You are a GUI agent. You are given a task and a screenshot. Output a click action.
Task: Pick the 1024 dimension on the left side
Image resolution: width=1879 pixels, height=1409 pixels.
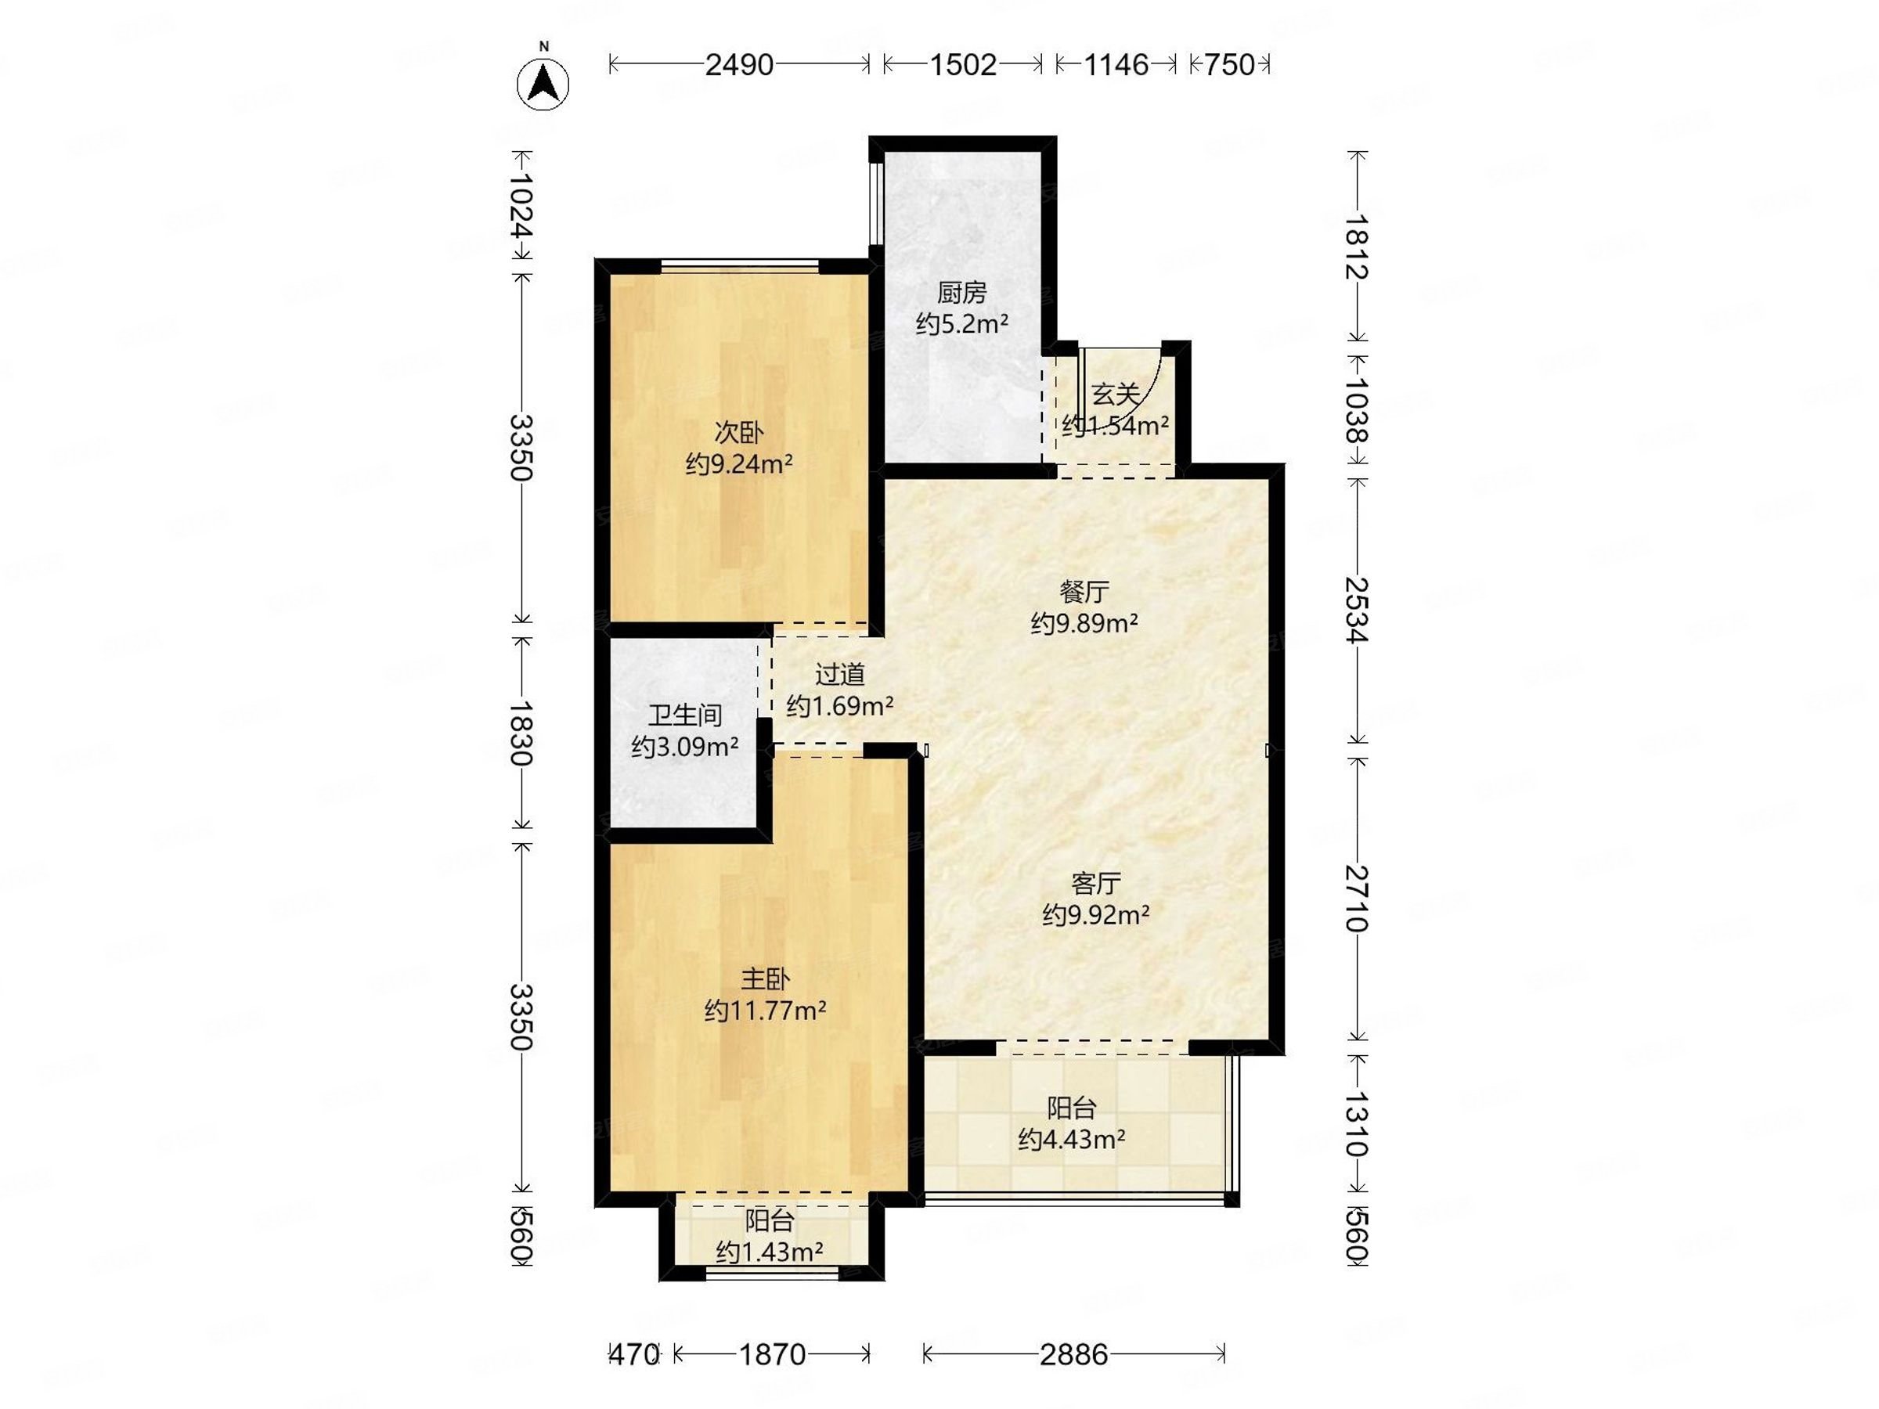pos(521,207)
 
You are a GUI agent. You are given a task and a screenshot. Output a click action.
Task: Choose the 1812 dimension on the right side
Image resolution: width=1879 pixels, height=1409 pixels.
pos(1358,247)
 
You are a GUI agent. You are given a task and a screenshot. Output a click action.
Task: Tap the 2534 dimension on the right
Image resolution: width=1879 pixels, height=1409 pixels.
pos(1358,610)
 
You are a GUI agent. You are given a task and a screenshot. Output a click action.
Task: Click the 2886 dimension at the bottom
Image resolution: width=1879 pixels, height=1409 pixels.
pos(1073,1353)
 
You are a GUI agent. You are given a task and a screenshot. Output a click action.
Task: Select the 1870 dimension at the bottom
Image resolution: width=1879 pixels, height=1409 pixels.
pos(771,1353)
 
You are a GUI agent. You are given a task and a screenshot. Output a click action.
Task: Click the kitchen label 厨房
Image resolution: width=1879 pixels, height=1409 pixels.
pos(961,293)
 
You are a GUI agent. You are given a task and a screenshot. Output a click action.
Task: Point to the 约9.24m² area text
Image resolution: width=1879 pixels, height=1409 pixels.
pos(739,464)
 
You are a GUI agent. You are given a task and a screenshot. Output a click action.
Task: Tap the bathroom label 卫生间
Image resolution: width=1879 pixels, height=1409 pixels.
pos(685,715)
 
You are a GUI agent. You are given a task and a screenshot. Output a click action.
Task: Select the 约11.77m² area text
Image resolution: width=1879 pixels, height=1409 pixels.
pos(766,1011)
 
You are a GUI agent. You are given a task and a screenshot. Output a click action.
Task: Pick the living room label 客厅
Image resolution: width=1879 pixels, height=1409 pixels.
pos(1096,884)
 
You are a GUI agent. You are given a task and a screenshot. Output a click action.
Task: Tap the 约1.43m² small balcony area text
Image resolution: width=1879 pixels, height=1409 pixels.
pos(770,1252)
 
